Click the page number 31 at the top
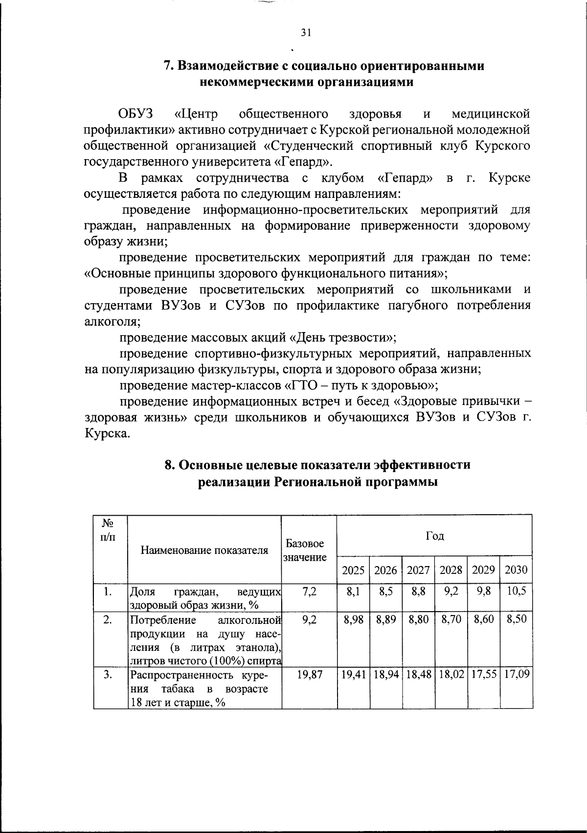pyautogui.click(x=306, y=33)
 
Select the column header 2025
pyautogui.click(x=353, y=570)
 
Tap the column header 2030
pyautogui.click(x=516, y=570)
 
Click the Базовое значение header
pyautogui.click(x=305, y=550)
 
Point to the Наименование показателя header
pyautogui.click(x=204, y=550)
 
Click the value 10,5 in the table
pyautogui.click(x=517, y=591)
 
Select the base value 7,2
pyautogui.click(x=310, y=591)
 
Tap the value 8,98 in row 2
pyautogui.click(x=354, y=619)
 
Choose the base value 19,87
pyautogui.click(x=310, y=675)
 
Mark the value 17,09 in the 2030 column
pyautogui.click(x=517, y=675)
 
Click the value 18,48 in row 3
pyautogui.click(x=418, y=675)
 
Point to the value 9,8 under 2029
pyautogui.click(x=484, y=591)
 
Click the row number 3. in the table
pyautogui.click(x=108, y=675)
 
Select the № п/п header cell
pyautogui.click(x=108, y=529)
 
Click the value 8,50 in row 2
pyautogui.click(x=517, y=619)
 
